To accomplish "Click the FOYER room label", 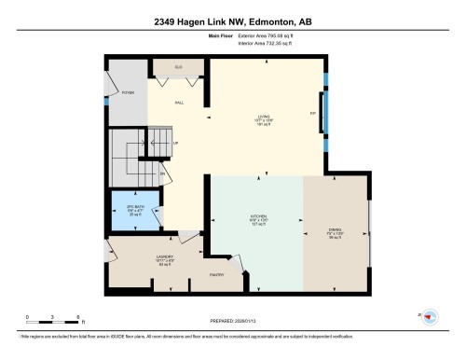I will click(x=128, y=94).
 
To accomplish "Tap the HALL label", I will click(x=179, y=103).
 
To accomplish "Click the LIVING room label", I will click(x=264, y=116).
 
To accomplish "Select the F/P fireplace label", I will click(x=312, y=114).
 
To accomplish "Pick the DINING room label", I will click(x=336, y=232).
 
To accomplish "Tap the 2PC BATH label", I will click(x=136, y=206).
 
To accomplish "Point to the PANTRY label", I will click(x=214, y=275).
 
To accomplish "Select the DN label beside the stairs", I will click(x=162, y=174).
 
